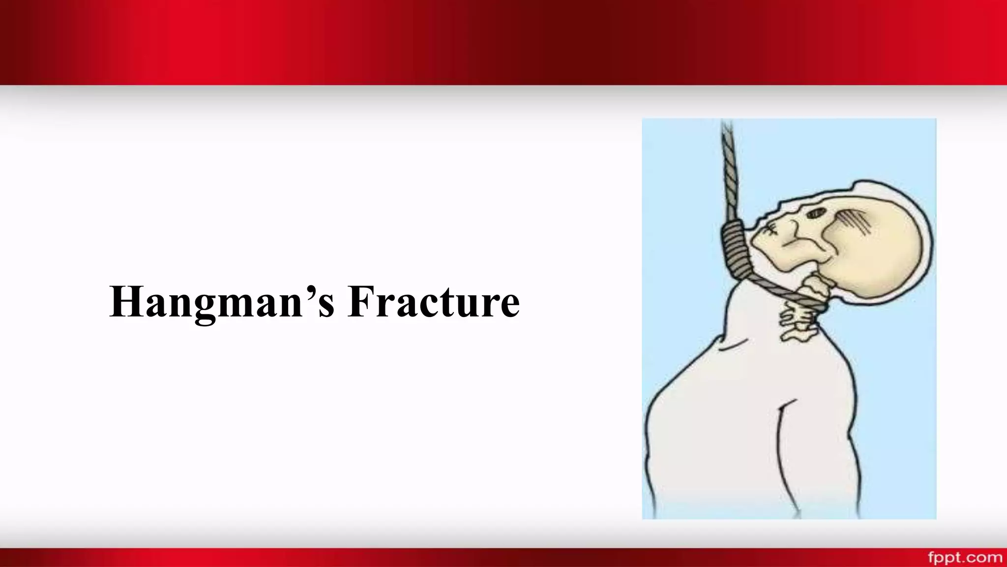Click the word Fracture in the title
tap(433, 302)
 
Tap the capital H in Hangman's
tap(126, 302)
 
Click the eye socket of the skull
tap(817, 213)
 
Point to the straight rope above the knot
tap(729, 167)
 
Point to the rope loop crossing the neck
tap(787, 293)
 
